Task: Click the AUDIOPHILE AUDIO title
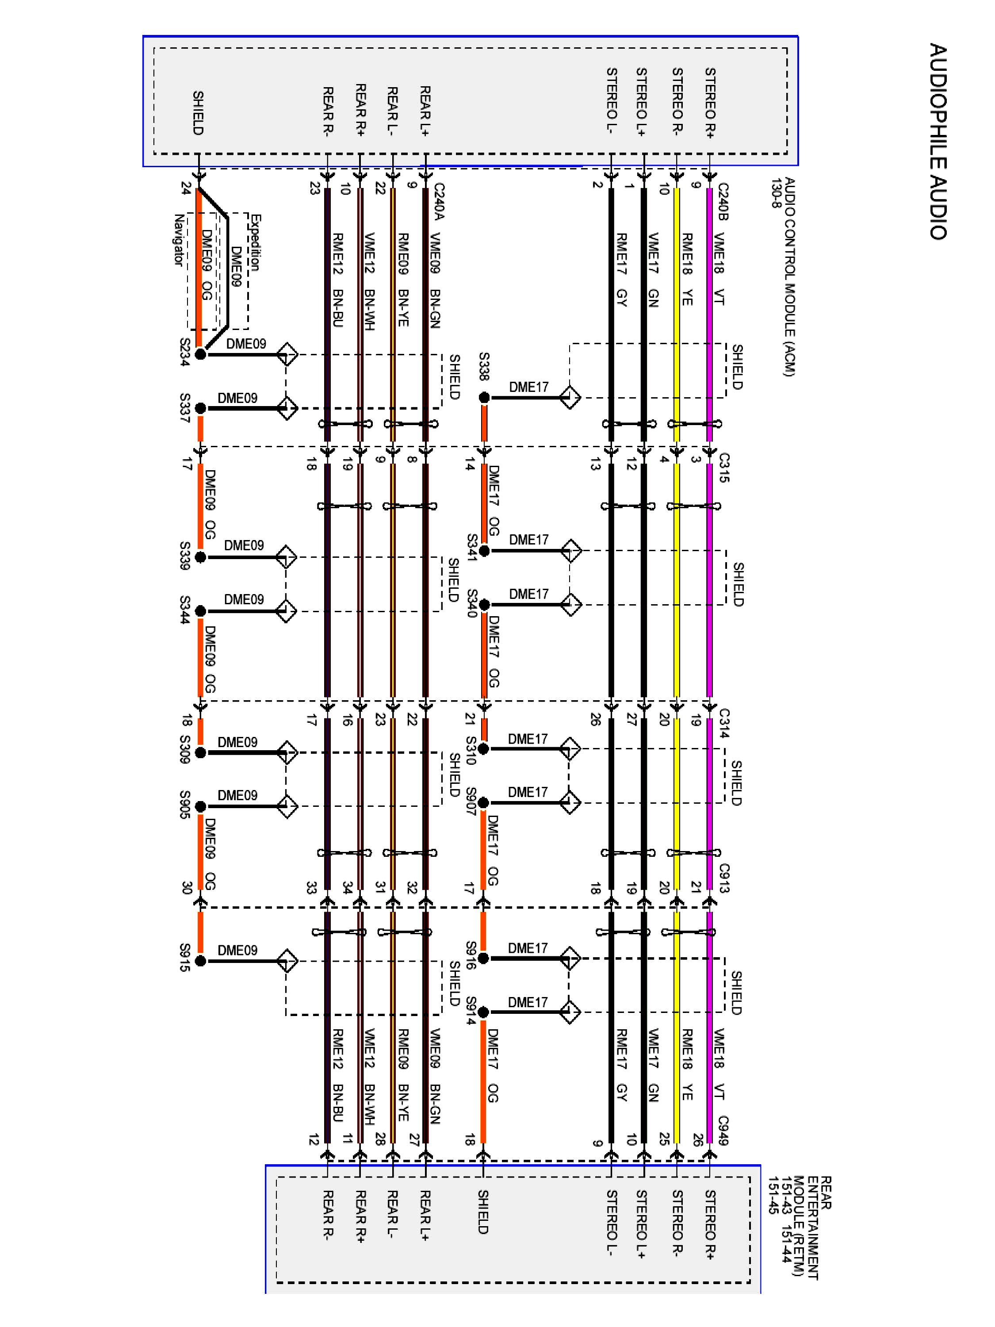tap(938, 142)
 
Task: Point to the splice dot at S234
tap(201, 355)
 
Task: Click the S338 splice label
tap(484, 366)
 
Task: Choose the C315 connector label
tap(724, 468)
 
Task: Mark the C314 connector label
tap(724, 723)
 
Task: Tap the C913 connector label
tap(724, 878)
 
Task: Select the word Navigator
tap(178, 240)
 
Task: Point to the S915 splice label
tap(185, 958)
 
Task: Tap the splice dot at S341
tap(484, 551)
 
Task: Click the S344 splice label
tap(185, 610)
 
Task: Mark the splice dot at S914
tap(483, 1013)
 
